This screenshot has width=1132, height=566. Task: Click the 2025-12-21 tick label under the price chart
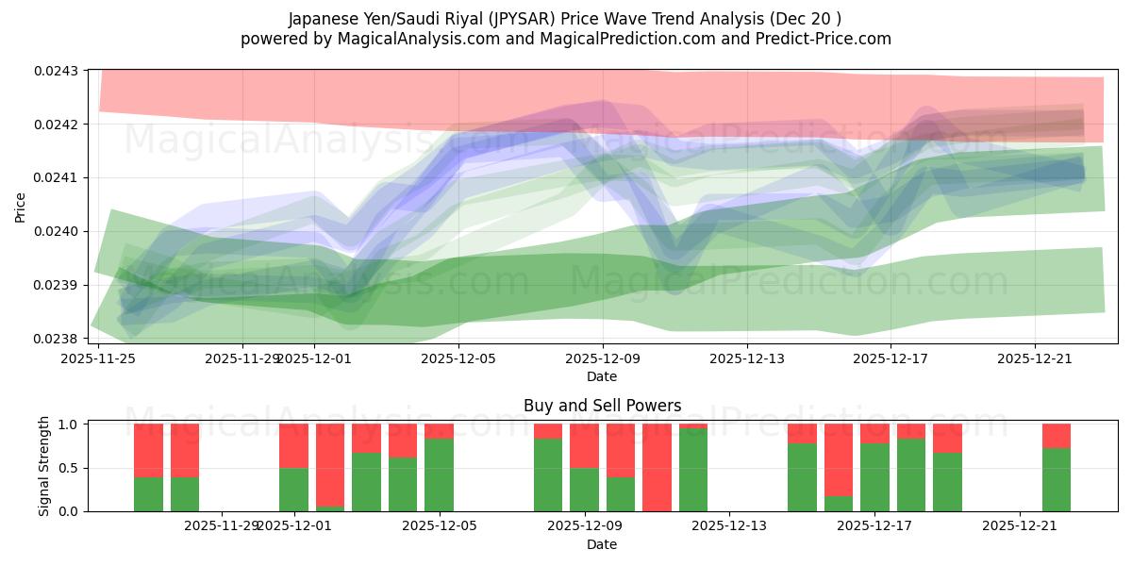1035,358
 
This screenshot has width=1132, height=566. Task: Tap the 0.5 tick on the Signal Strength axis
69,468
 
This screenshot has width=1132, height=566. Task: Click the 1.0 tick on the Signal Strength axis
69,424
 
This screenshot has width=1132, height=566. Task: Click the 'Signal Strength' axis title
44,467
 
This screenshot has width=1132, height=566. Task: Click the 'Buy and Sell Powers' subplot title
602,406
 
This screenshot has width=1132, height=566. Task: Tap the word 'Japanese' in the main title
321,19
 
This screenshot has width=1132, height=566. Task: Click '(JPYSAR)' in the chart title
522,19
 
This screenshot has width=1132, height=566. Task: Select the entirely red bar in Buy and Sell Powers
657,468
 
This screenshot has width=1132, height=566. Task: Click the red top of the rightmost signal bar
1057,435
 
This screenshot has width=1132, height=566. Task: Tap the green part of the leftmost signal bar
148,493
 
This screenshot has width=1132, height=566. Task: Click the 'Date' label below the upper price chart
602,376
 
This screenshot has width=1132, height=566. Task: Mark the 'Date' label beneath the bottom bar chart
602,544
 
